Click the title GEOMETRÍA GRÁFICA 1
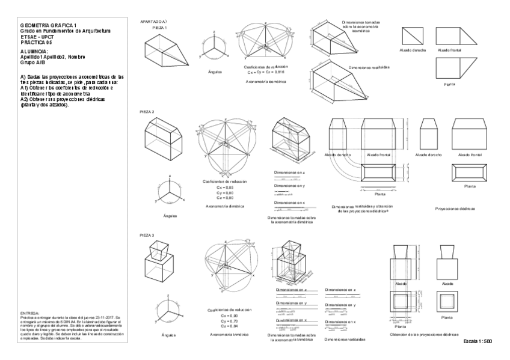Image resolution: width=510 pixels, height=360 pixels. (x=49, y=25)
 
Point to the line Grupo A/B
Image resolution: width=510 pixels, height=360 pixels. (x=34, y=62)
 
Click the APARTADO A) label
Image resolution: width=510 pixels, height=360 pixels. (x=153, y=22)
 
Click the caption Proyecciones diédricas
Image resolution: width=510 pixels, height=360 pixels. (x=455, y=208)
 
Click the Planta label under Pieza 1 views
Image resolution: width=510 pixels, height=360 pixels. (x=449, y=84)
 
